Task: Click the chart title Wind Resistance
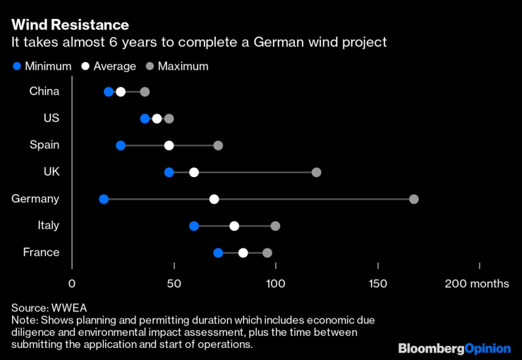(70, 25)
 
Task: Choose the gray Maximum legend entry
(176, 66)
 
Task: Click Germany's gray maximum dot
(414, 199)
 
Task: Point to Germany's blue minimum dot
(104, 199)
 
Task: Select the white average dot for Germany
(214, 199)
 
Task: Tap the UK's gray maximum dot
(316, 172)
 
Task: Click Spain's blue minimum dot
(121, 145)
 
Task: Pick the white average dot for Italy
(234, 226)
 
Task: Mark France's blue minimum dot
(218, 253)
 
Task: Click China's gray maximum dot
(145, 92)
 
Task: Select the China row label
(44, 91)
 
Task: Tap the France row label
(41, 252)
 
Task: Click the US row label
(51, 118)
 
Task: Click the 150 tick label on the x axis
(377, 284)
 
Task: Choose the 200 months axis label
(477, 284)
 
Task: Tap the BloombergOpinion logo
(454, 348)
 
